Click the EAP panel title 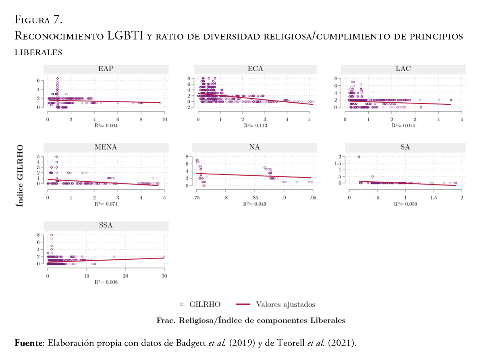coord(106,68)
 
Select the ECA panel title coord(255,68)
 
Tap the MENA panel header coord(106,147)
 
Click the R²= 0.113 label coord(255,126)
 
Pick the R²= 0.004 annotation coord(106,126)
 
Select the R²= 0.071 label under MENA coord(106,204)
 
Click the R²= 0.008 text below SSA coord(106,282)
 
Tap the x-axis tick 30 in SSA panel coord(164,275)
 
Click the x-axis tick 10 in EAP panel coord(164,120)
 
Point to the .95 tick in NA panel coord(313,198)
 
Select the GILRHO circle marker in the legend coord(182,305)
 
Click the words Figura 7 coord(38,19)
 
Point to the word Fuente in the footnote coord(29,343)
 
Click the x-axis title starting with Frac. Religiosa coord(251,321)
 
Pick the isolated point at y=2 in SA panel coord(359,157)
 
